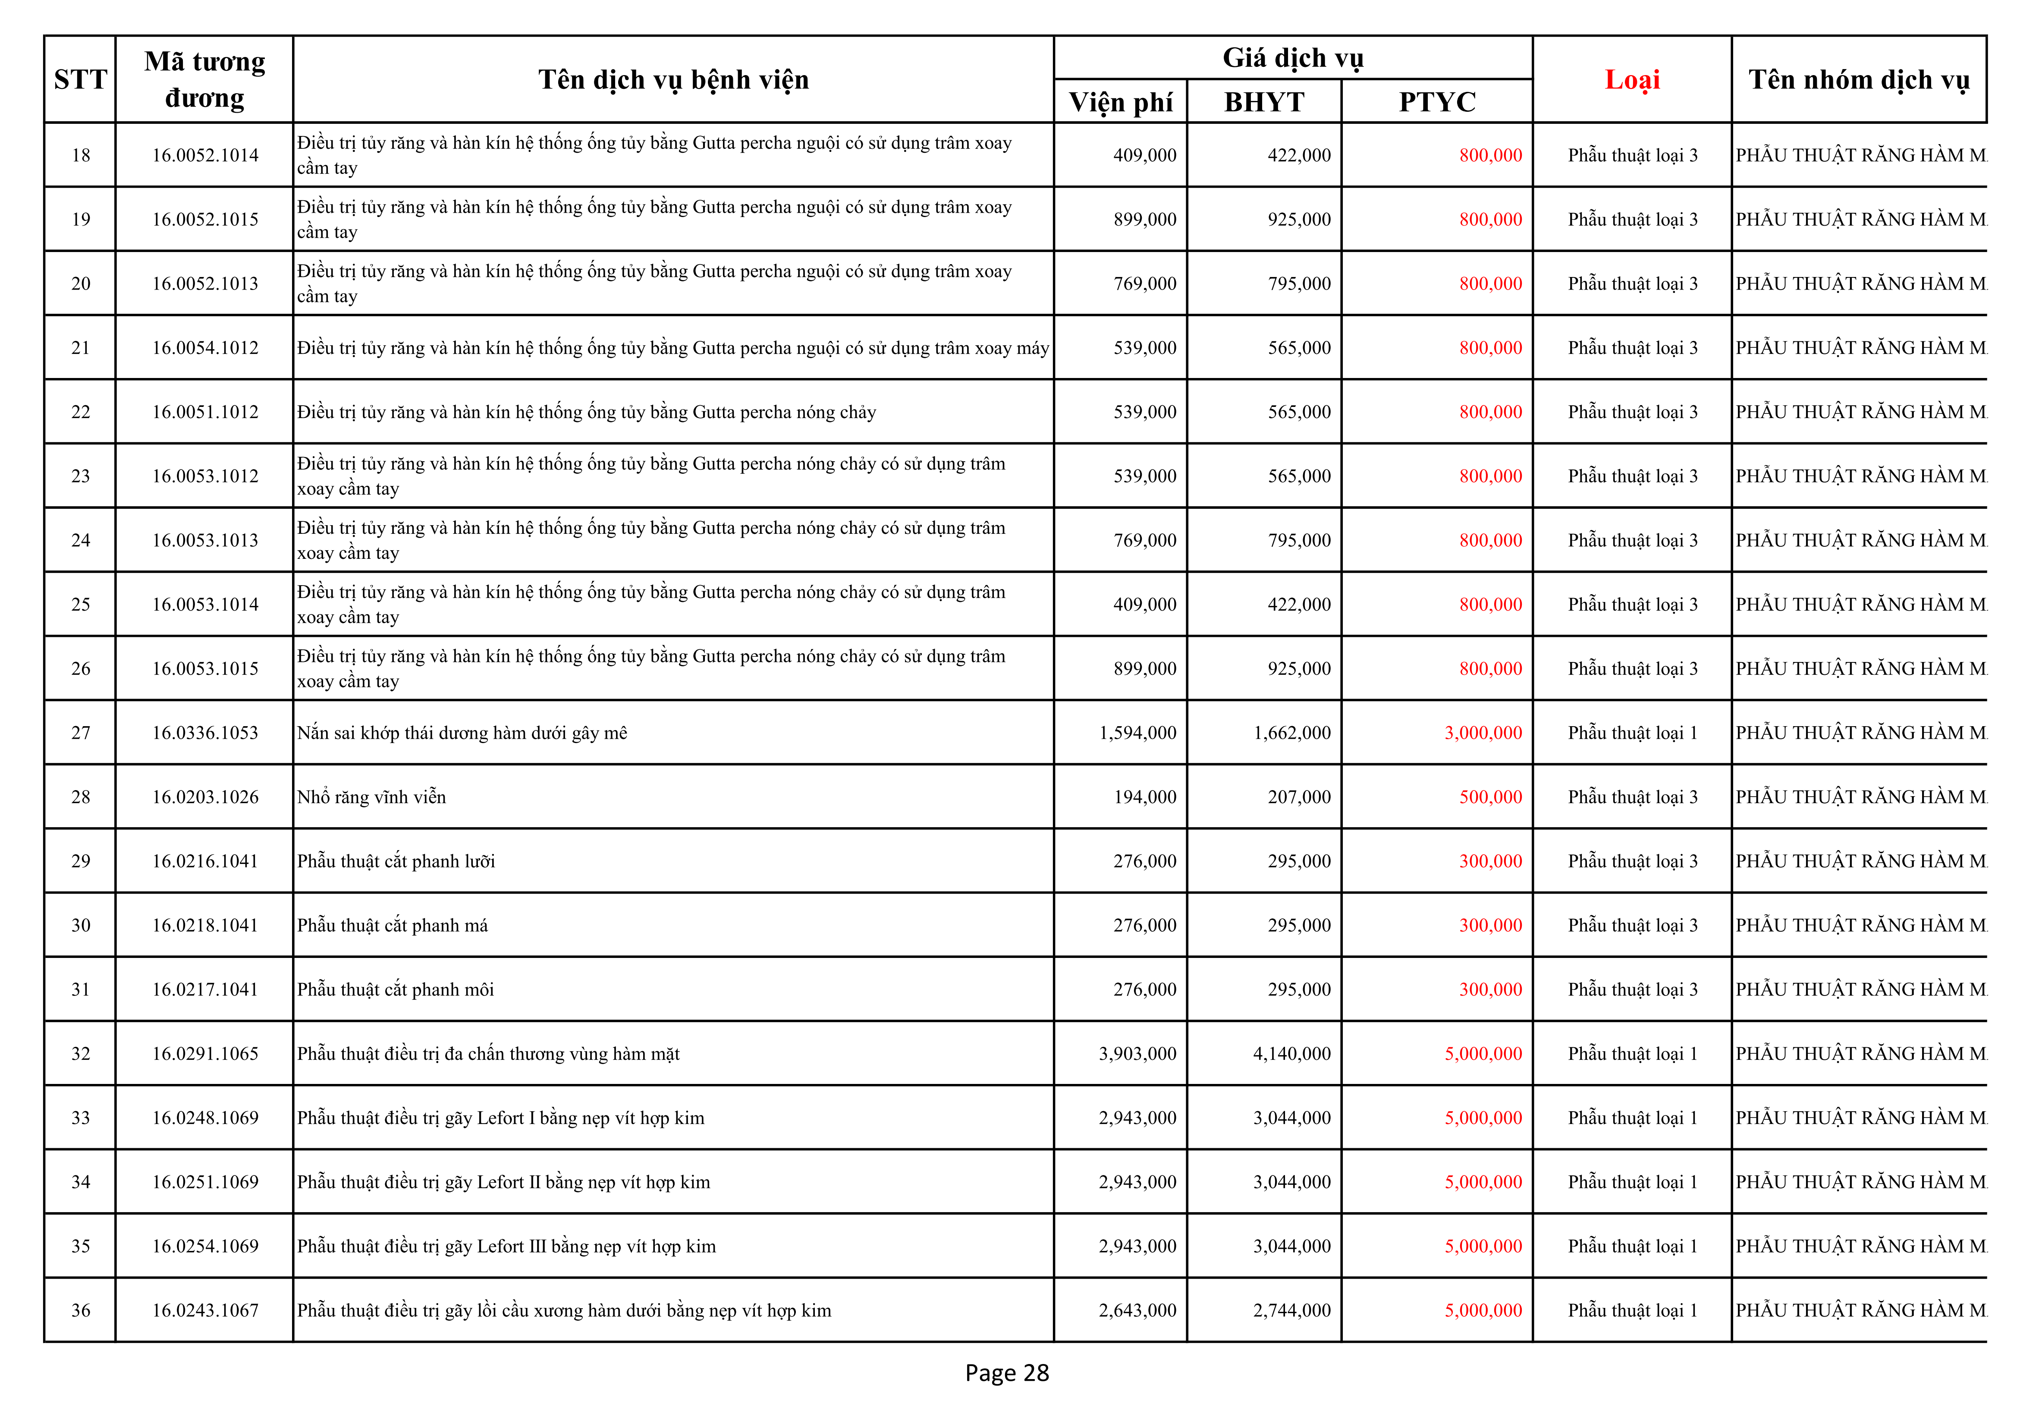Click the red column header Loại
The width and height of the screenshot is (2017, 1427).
pyautogui.click(x=1631, y=80)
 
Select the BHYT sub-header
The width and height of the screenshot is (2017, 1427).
pyautogui.click(x=1264, y=102)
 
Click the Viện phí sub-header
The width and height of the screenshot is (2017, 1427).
pyautogui.click(x=1120, y=102)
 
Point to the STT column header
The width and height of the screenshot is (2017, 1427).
pyautogui.click(x=80, y=80)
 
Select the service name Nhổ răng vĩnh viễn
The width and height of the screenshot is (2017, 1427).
pyautogui.click(x=371, y=797)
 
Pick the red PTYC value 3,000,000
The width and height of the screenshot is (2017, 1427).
pyautogui.click(x=1483, y=733)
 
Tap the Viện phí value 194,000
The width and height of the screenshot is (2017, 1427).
pyautogui.click(x=1145, y=797)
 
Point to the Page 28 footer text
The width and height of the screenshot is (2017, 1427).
pyautogui.click(x=1007, y=1373)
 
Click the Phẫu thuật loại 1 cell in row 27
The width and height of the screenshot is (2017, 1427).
pyautogui.click(x=1632, y=733)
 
